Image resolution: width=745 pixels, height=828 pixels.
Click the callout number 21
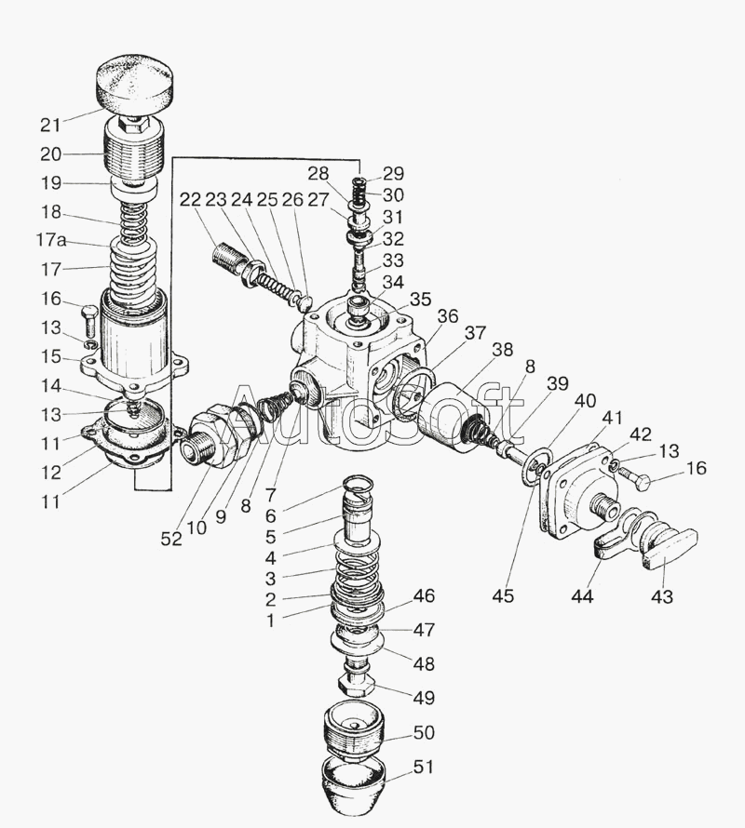point(51,126)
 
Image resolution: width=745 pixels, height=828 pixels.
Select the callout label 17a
point(51,240)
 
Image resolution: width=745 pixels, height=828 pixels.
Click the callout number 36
point(447,317)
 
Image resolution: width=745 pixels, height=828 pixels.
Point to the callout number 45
point(503,595)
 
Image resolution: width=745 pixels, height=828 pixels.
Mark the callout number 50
point(424,732)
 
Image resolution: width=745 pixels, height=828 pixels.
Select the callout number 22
point(190,200)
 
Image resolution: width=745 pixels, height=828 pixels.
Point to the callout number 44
point(582,596)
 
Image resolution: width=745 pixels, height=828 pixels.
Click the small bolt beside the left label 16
point(88,322)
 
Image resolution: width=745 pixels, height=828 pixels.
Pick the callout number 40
point(585,401)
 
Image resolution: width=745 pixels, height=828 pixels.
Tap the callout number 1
point(270,621)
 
